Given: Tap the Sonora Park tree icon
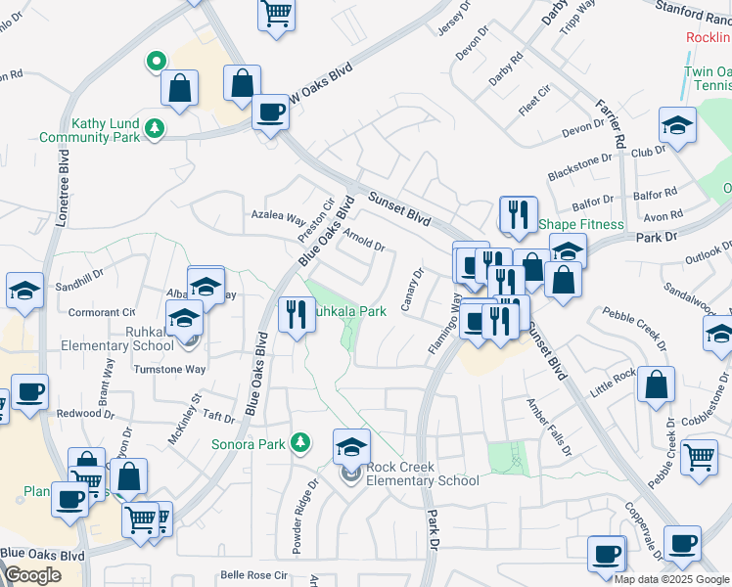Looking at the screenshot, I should pos(301,443).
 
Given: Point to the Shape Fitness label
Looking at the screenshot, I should pos(581,224).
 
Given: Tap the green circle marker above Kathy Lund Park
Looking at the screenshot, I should pos(155,63).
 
